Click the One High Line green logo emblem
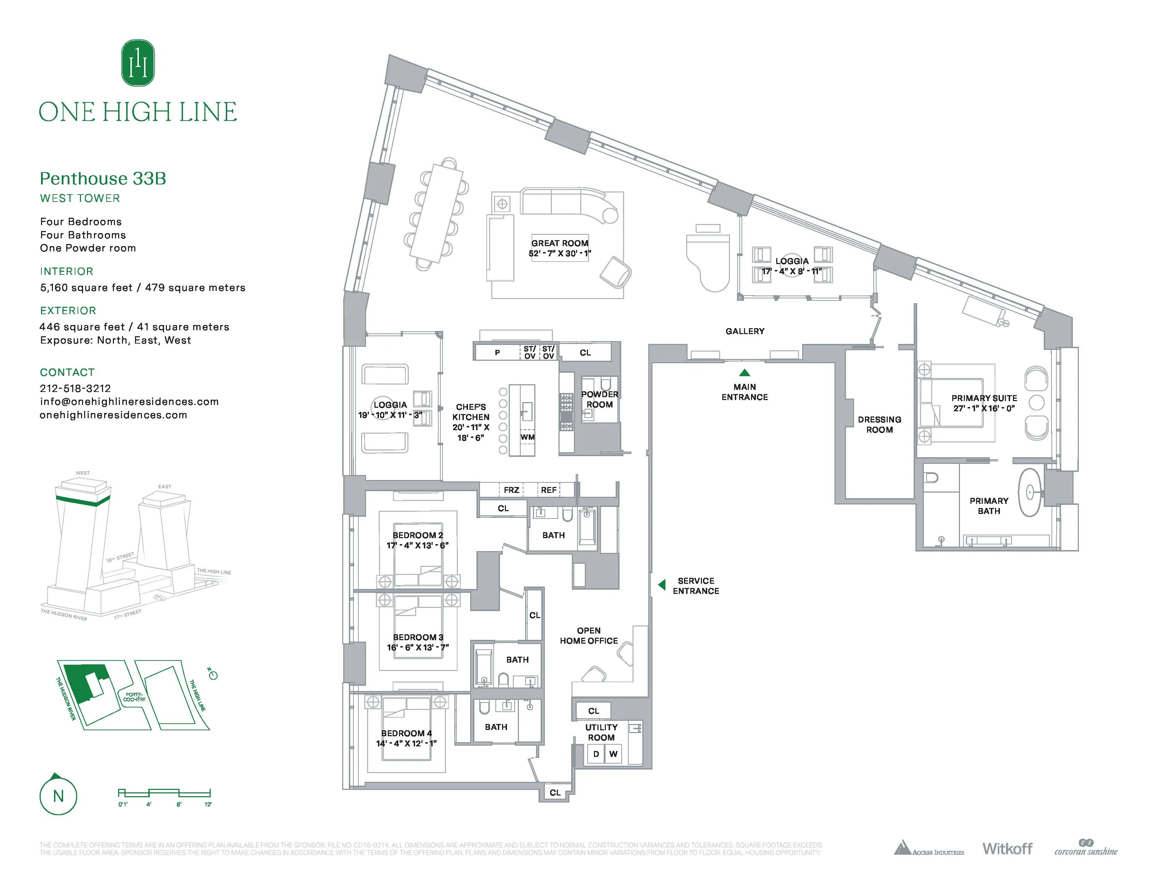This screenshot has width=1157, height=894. (x=138, y=63)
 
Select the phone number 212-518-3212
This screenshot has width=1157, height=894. (x=75, y=388)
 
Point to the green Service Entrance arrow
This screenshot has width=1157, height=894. (x=662, y=585)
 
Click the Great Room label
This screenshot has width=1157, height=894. (x=560, y=243)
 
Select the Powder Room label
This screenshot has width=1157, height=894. (x=599, y=399)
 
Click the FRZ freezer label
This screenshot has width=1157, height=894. (x=511, y=490)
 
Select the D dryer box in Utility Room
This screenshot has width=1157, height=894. (x=596, y=754)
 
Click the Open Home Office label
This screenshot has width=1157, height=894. (x=589, y=636)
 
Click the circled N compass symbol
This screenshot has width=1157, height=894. (x=58, y=796)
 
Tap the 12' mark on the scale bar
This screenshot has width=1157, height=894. (x=208, y=805)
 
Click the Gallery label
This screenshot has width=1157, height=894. (x=744, y=331)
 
